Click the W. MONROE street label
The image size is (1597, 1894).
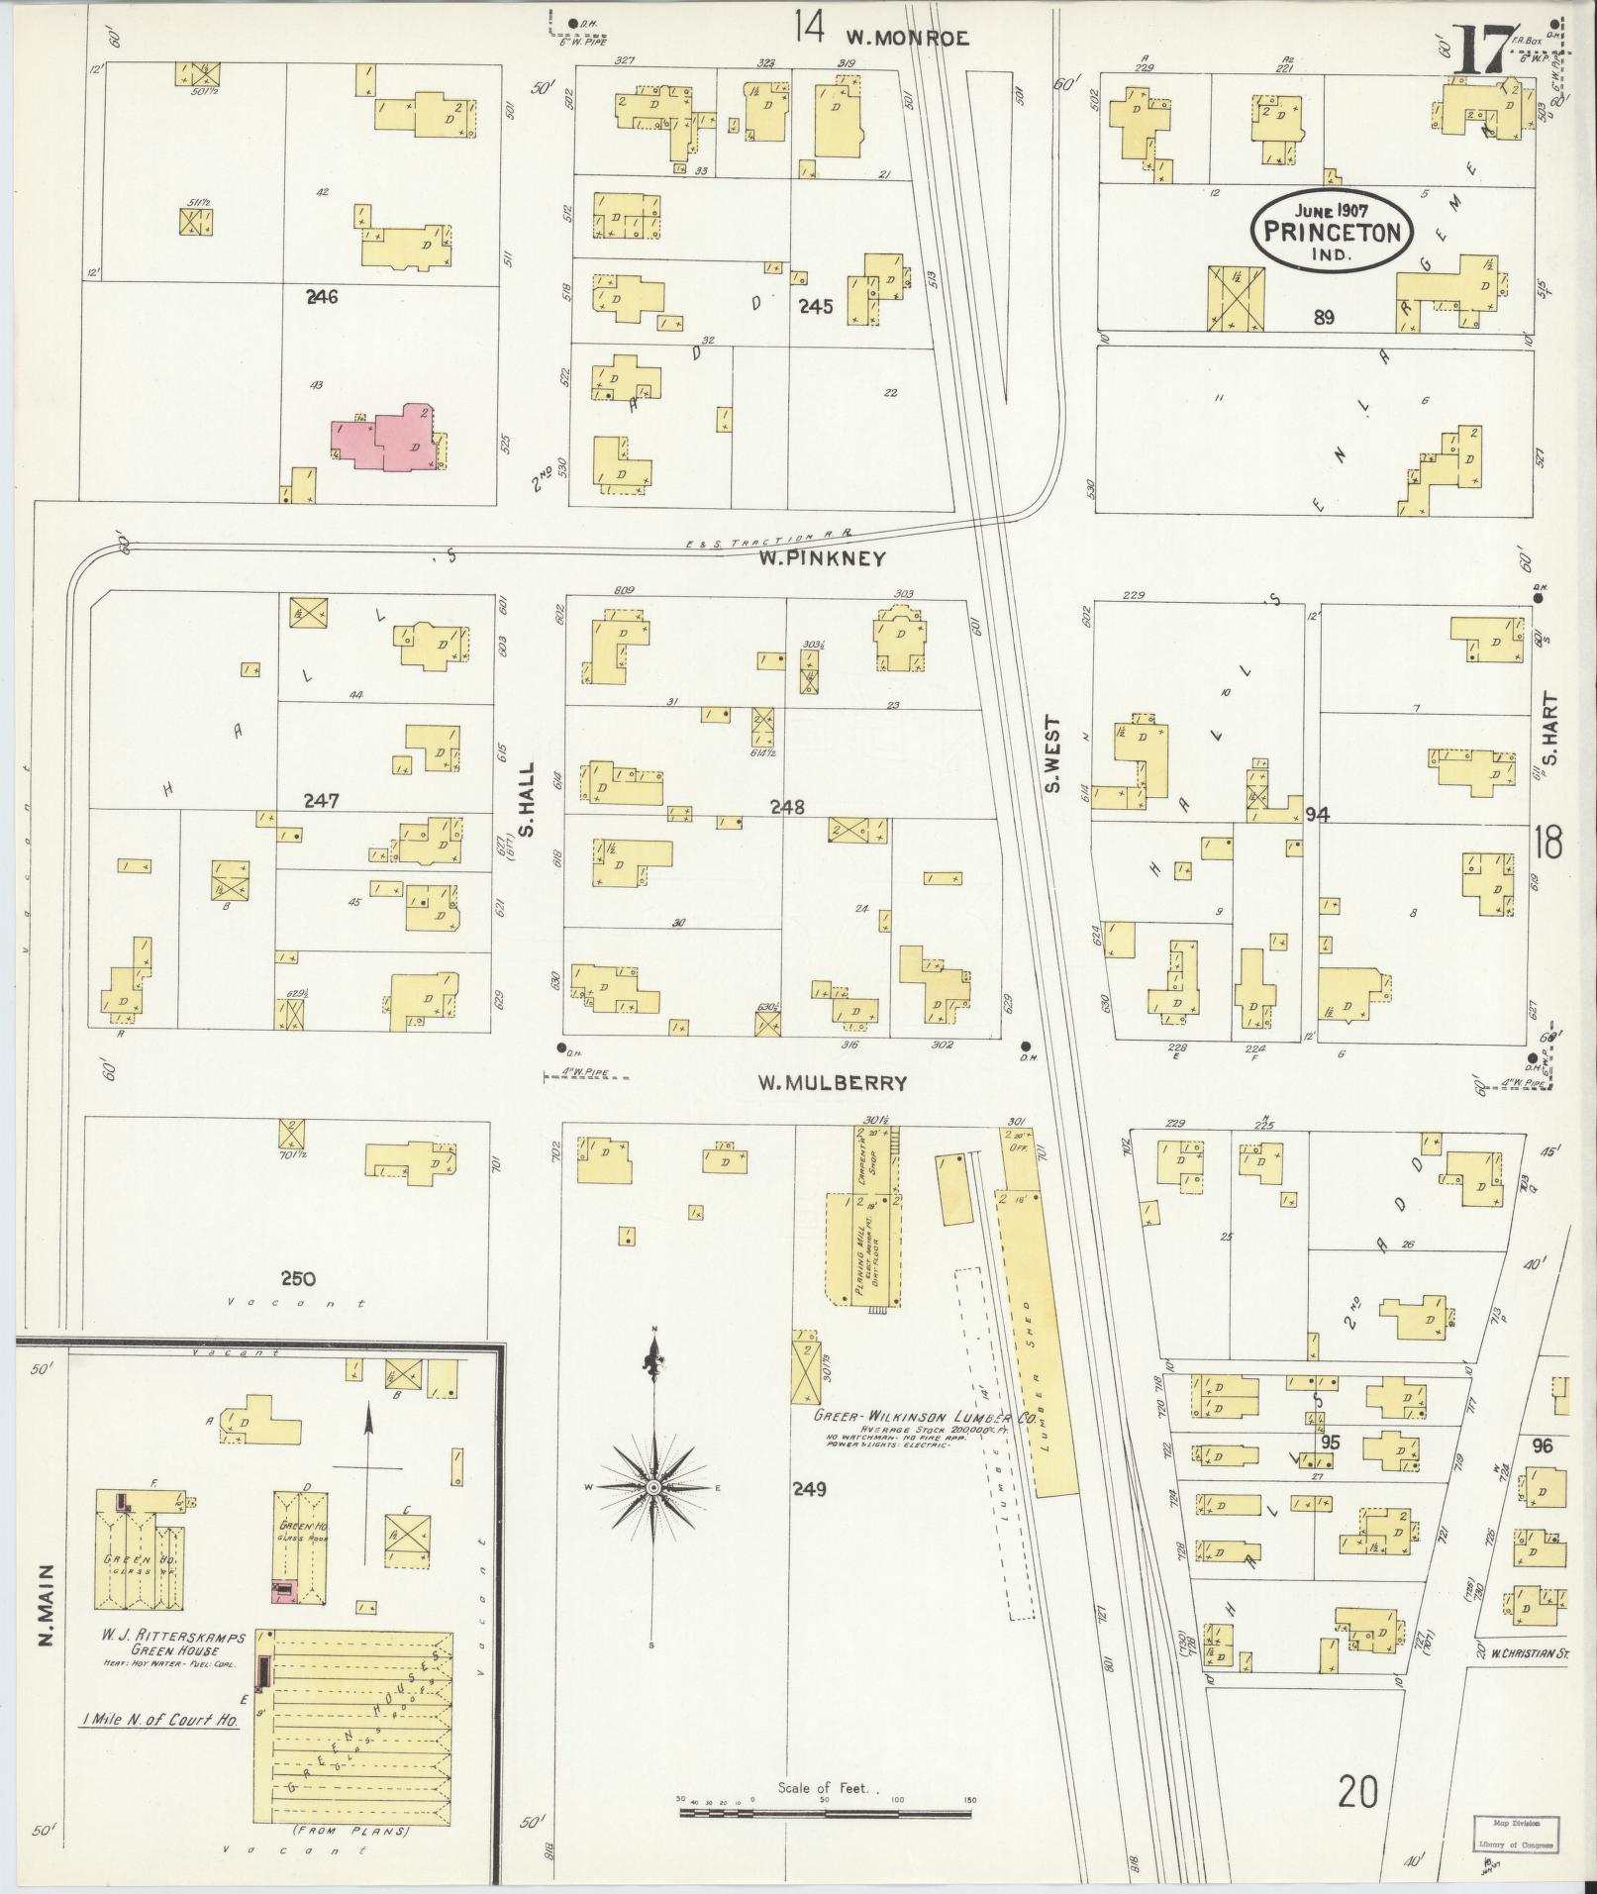point(905,39)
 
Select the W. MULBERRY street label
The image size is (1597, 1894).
point(832,1083)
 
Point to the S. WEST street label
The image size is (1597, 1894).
point(1053,755)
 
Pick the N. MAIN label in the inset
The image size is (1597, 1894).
point(46,1614)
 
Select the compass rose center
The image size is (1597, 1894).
point(653,1488)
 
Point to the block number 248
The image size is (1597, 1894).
point(789,808)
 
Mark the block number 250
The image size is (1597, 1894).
point(297,1278)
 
